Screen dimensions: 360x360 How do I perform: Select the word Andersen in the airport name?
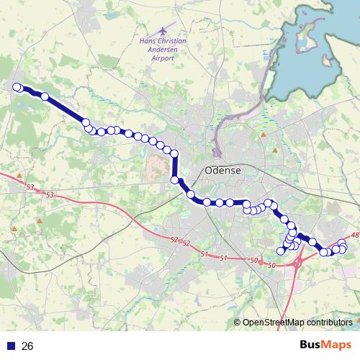[x=163, y=50]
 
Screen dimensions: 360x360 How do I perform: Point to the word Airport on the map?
[x=163, y=60]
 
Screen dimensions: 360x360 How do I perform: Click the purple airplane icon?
[x=163, y=32]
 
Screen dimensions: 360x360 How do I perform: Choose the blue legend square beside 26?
[x=11, y=346]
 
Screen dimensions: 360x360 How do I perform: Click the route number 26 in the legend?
[x=28, y=346]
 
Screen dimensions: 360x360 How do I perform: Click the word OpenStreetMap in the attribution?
[x=274, y=323]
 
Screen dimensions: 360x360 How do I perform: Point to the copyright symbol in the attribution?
[x=238, y=323]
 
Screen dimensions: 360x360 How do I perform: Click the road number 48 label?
[x=355, y=235]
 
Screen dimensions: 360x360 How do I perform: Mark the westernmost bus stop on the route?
[x=17, y=87]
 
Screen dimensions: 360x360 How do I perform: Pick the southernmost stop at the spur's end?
[x=281, y=251]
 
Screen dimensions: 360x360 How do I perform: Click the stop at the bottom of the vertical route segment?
[x=174, y=180]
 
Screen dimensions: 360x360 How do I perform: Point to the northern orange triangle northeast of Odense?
[x=264, y=134]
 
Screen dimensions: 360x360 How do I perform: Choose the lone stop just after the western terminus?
[x=45, y=96]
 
